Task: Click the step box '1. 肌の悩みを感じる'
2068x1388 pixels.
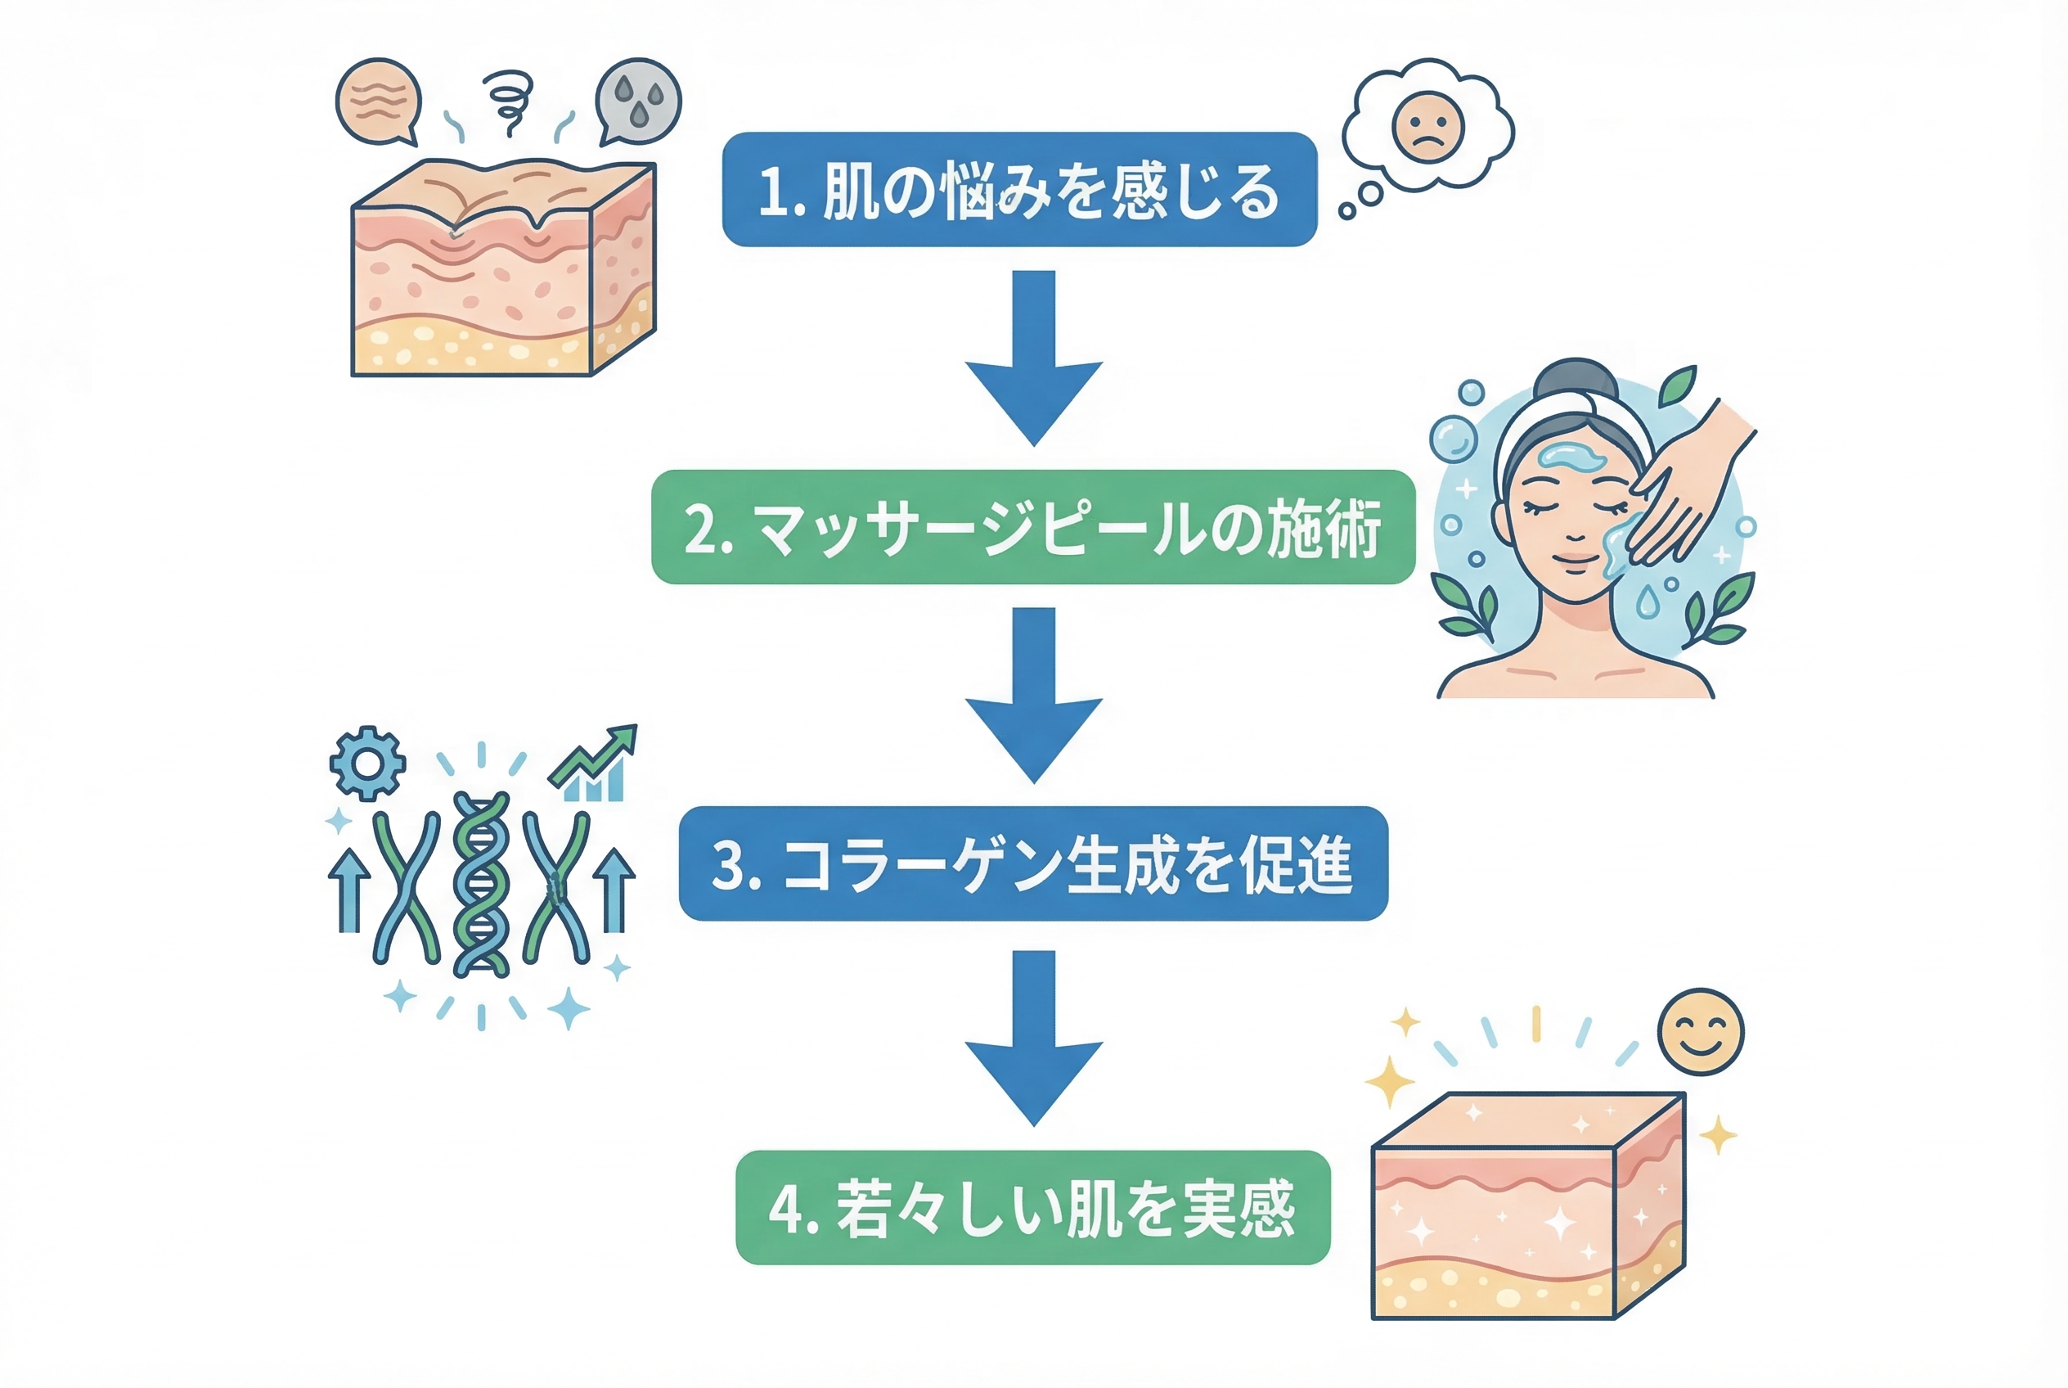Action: click(1019, 189)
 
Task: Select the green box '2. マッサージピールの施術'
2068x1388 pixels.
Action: click(1032, 527)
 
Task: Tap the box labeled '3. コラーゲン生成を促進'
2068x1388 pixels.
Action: click(1032, 864)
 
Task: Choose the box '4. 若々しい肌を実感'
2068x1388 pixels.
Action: click(1032, 1207)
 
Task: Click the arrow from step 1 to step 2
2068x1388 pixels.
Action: click(1033, 358)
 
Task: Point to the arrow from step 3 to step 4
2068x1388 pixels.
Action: click(1033, 1039)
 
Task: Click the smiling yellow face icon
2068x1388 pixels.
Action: click(1700, 1032)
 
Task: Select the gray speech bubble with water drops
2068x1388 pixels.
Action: click(638, 101)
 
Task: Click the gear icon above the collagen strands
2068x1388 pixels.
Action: click(367, 762)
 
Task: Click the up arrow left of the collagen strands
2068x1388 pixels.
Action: click(349, 889)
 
